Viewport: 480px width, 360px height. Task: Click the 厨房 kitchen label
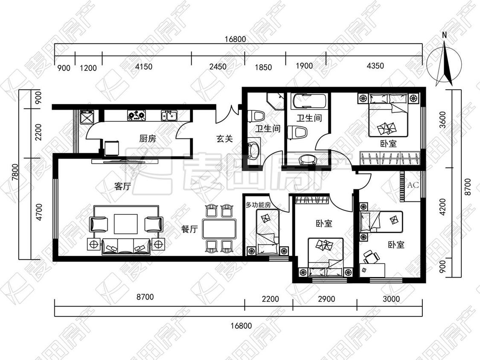pos(148,139)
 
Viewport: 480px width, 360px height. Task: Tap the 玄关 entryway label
pos(225,139)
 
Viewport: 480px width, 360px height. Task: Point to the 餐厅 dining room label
pos(189,229)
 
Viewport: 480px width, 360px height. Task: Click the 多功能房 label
pos(258,205)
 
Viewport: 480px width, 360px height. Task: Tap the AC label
pos(413,185)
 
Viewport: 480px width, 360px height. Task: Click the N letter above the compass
pos(445,35)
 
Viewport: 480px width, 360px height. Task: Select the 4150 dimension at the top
pos(143,67)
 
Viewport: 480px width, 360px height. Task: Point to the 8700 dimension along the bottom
pos(145,297)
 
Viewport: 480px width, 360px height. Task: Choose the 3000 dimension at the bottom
pos(391,299)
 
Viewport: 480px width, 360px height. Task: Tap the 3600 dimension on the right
pos(442,120)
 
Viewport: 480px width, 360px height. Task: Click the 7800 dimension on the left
pos(15,173)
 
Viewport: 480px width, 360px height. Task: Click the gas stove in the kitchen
pos(137,115)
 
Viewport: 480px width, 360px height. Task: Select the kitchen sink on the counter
pos(169,115)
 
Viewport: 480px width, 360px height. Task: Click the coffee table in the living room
pos(126,224)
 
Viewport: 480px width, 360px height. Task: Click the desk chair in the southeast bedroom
pos(371,257)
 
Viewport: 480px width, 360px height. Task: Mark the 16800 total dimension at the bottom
pos(241,325)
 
